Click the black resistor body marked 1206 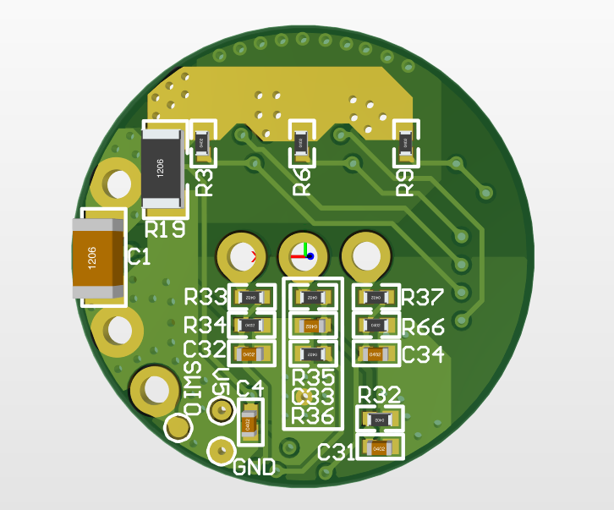162,167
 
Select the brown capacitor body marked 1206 99,258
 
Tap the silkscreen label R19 165,229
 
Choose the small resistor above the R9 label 406,144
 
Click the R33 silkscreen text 206,298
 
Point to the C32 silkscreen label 205,350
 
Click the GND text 254,467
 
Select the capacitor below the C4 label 249,424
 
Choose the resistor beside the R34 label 249,325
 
